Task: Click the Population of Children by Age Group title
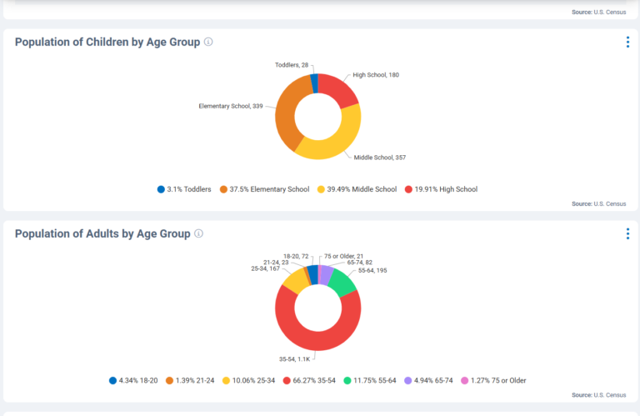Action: click(107, 43)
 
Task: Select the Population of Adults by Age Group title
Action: click(102, 234)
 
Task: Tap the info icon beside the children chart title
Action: click(208, 42)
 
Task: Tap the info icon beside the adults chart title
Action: click(198, 234)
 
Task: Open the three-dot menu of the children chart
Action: click(627, 43)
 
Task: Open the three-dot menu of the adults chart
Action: click(627, 234)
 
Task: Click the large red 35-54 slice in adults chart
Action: click(317, 342)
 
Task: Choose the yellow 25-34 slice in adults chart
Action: click(294, 279)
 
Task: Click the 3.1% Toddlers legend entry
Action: click(184, 189)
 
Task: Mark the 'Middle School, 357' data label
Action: click(379, 157)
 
